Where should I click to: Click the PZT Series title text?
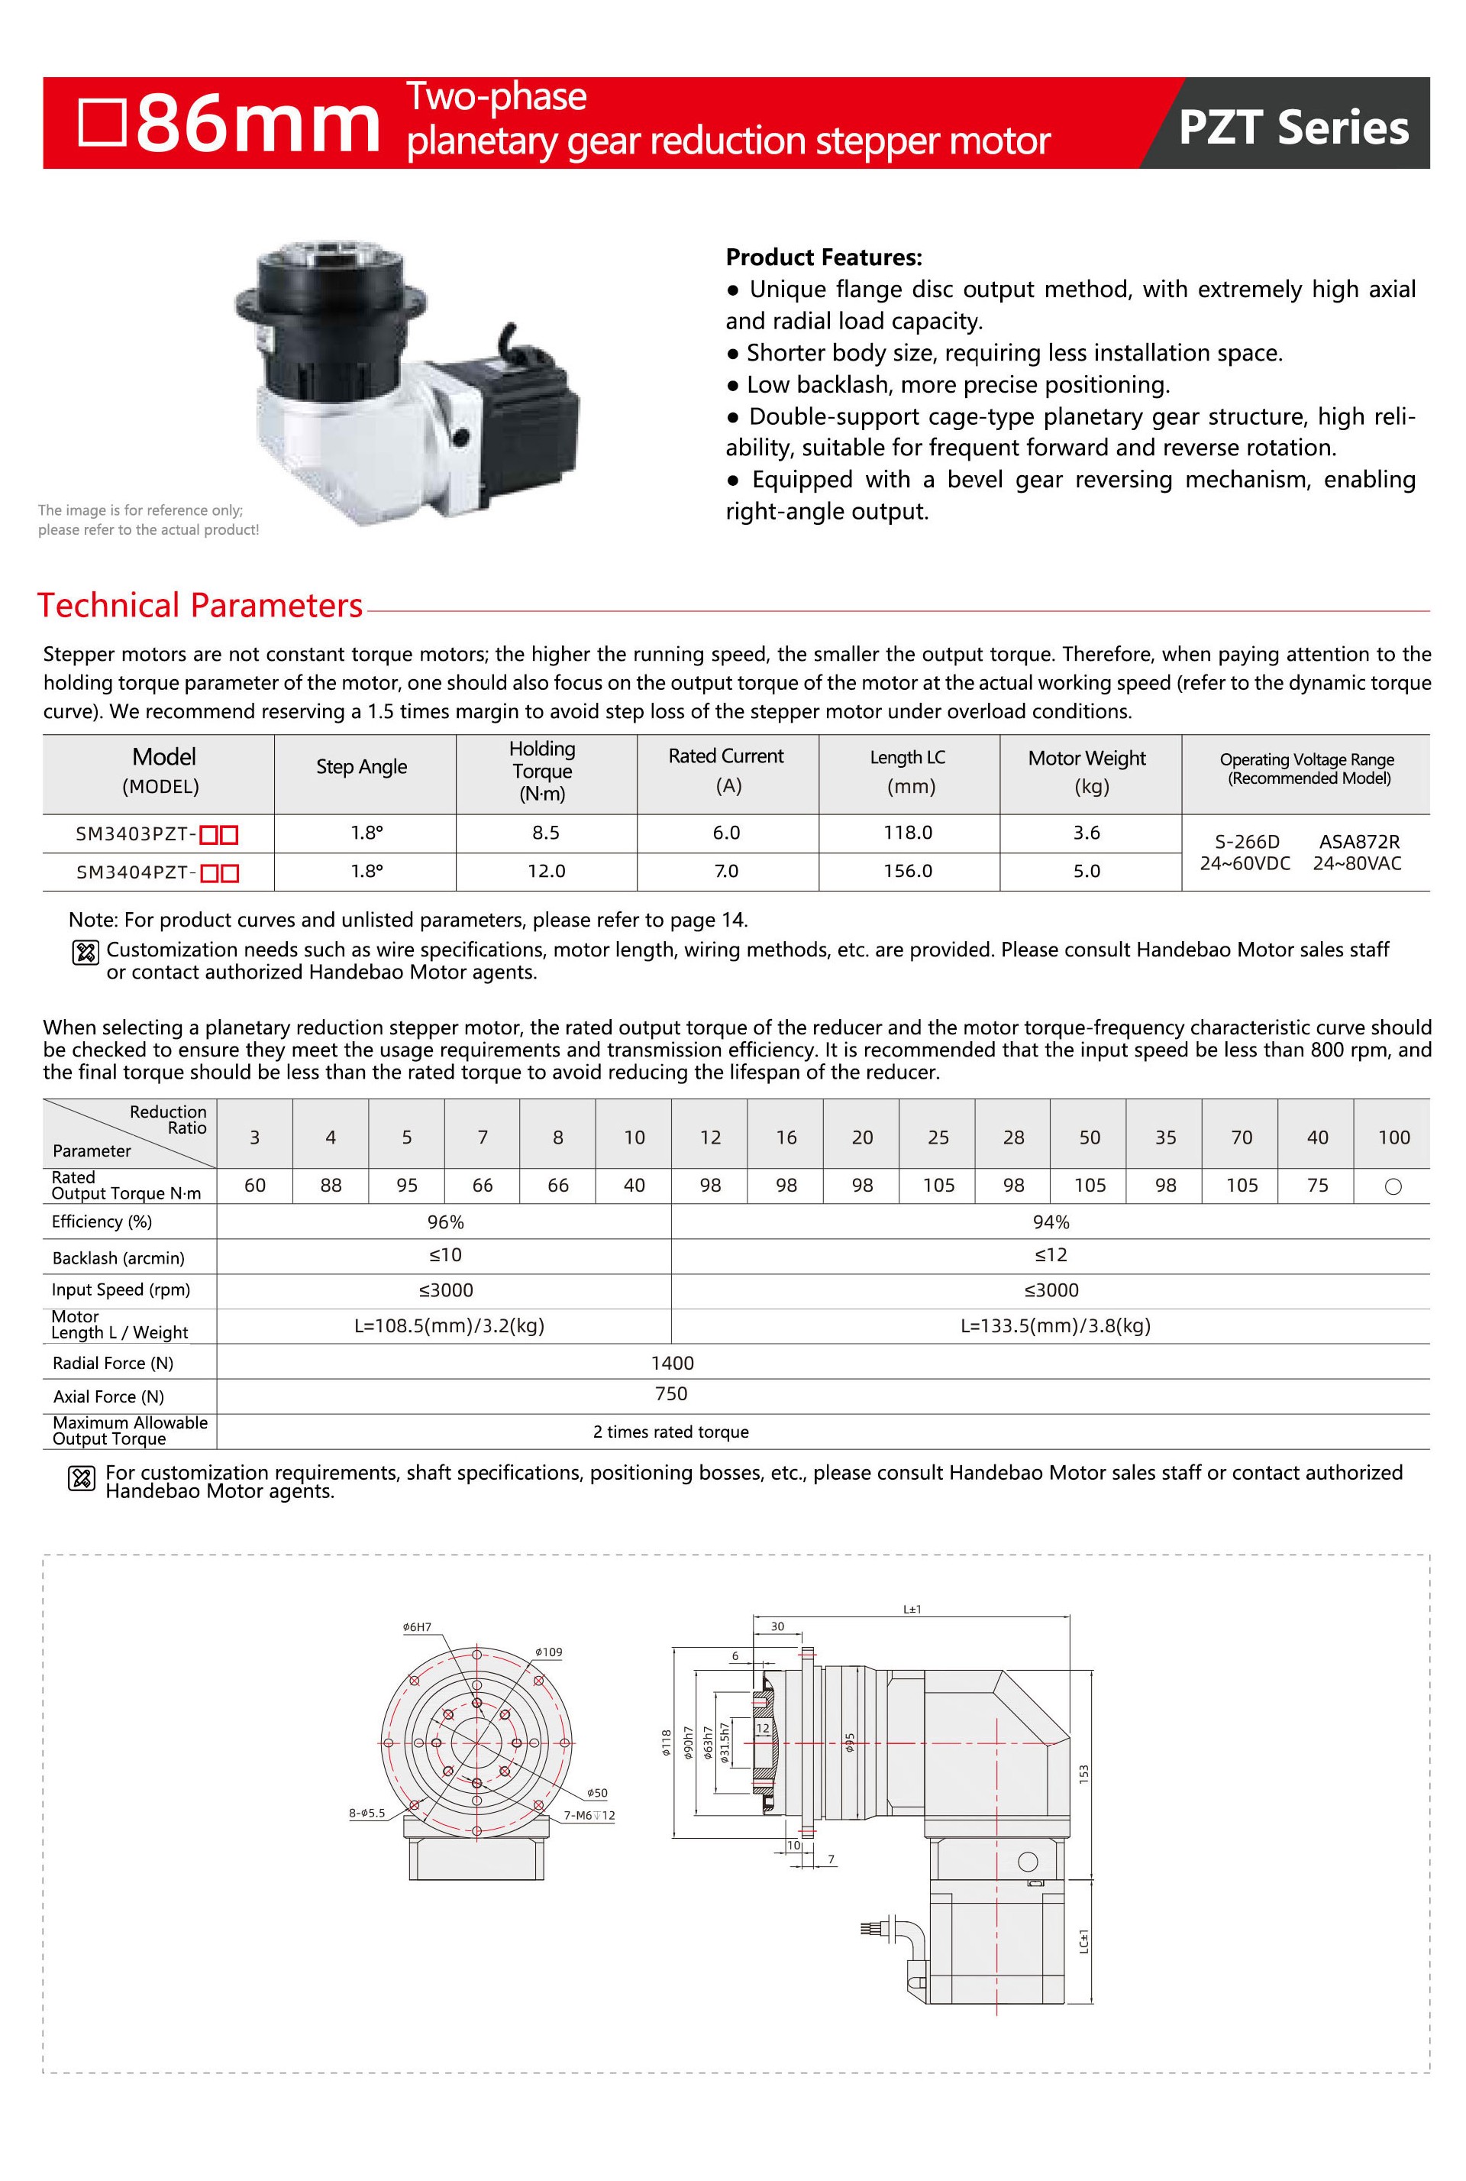click(x=1293, y=128)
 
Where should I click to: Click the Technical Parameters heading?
click(x=199, y=605)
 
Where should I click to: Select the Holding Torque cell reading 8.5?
click(x=546, y=833)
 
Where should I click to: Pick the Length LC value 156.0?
click(x=908, y=871)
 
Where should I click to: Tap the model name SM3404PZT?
click(x=134, y=872)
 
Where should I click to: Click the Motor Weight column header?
click(x=1087, y=771)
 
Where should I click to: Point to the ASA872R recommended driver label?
click(x=1358, y=842)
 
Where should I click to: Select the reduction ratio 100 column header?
click(x=1393, y=1137)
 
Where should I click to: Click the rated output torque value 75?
click(x=1317, y=1186)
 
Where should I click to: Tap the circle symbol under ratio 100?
click(x=1393, y=1187)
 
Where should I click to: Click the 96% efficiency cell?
click(x=445, y=1222)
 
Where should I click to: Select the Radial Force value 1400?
click(x=672, y=1363)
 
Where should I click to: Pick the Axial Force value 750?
click(x=671, y=1393)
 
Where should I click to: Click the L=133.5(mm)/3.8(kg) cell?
click(x=1055, y=1325)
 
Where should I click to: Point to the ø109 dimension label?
click(x=549, y=1652)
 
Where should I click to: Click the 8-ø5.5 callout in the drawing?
click(x=366, y=1813)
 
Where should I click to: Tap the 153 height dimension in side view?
click(x=1083, y=1772)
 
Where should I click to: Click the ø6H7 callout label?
click(x=417, y=1626)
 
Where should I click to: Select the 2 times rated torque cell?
click(x=670, y=1432)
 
